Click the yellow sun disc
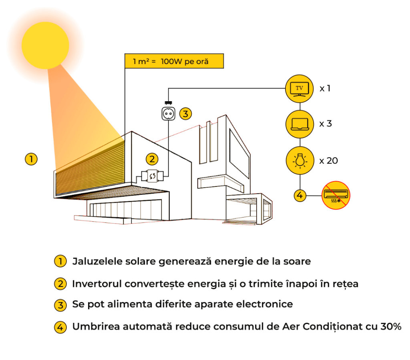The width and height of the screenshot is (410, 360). coord(45,45)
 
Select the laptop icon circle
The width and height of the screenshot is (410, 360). coord(299,124)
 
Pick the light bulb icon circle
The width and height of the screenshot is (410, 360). coord(299,160)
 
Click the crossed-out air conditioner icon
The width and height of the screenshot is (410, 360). coord(336,195)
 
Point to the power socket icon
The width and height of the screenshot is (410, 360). coord(169,114)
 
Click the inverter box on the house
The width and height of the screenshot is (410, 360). coord(153,176)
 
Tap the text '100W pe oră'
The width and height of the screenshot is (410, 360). coord(185,62)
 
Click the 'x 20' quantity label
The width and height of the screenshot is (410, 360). coord(328,161)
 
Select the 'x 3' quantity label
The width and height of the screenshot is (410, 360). coord(326,124)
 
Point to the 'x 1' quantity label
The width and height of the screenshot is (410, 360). coord(325,88)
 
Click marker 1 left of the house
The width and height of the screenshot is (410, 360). coord(31,159)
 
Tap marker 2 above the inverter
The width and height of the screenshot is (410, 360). coord(152,159)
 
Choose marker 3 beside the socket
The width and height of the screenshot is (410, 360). coord(185,114)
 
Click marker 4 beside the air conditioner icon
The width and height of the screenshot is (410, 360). coord(300,196)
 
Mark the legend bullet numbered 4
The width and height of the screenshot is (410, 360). coord(60,327)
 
